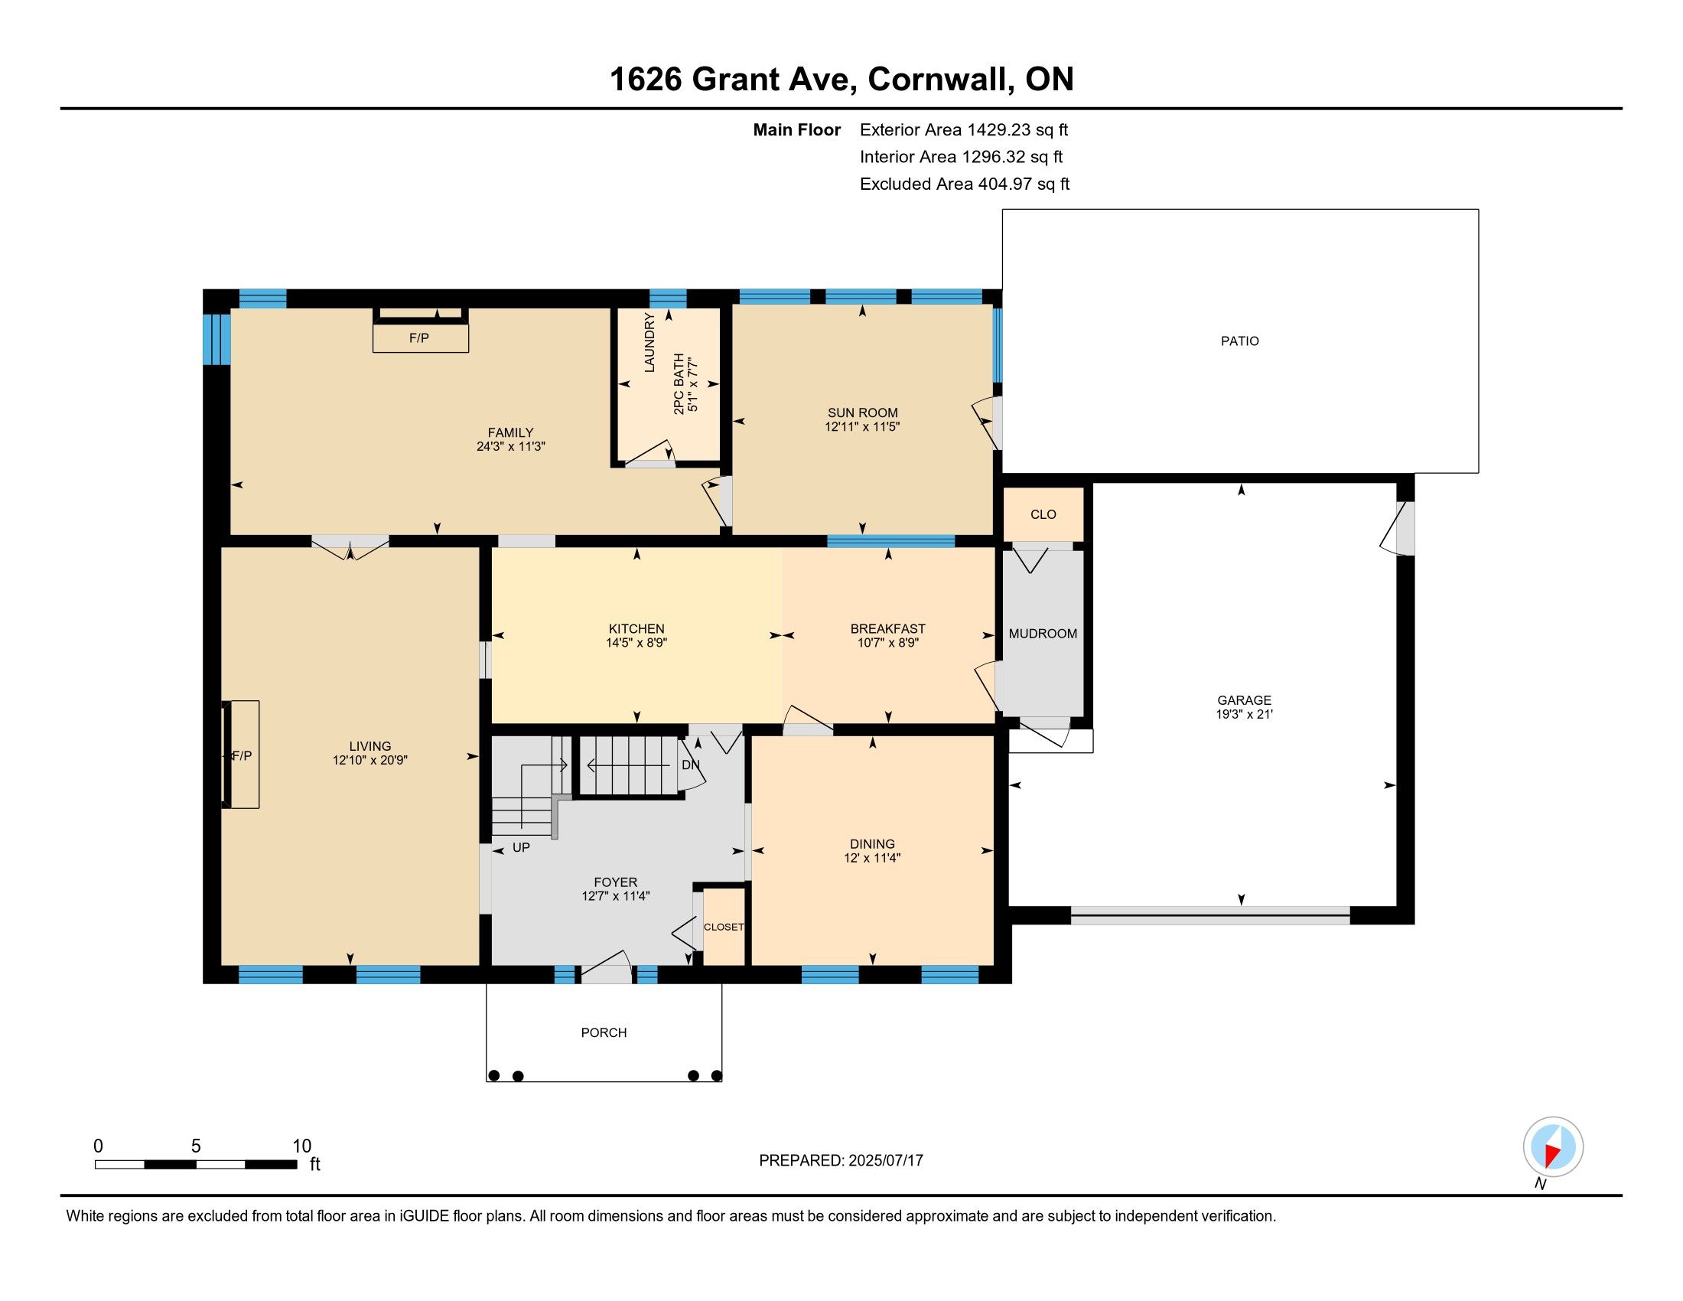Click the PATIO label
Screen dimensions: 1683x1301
(1239, 341)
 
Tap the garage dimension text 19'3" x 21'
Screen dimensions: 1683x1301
(1244, 714)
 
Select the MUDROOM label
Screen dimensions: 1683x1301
(1043, 634)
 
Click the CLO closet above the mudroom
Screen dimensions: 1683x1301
(1043, 514)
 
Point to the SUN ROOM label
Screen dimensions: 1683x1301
(862, 412)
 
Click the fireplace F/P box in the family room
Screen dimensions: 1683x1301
(421, 337)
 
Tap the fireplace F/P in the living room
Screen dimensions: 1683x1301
(242, 755)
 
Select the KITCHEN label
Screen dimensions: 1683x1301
(636, 628)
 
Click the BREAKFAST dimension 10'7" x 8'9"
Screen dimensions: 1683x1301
(887, 642)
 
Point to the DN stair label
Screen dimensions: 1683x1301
(691, 765)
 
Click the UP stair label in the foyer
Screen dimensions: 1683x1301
(521, 847)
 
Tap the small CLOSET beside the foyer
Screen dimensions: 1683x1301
(724, 927)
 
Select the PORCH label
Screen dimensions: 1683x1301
(604, 1032)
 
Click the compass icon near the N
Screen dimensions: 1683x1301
(1553, 1146)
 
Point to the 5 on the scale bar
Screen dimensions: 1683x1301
(196, 1146)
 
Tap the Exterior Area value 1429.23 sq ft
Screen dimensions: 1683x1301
(1018, 129)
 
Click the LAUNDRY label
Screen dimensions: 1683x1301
(649, 342)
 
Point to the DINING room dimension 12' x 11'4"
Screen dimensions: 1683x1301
(872, 857)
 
